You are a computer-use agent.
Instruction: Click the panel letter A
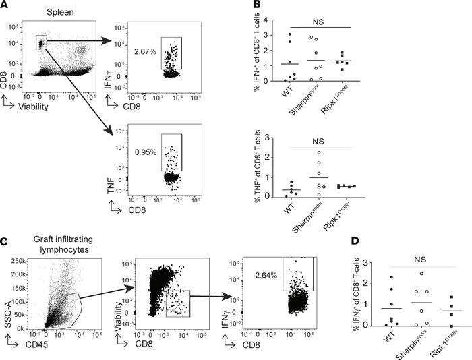pos(6,6)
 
